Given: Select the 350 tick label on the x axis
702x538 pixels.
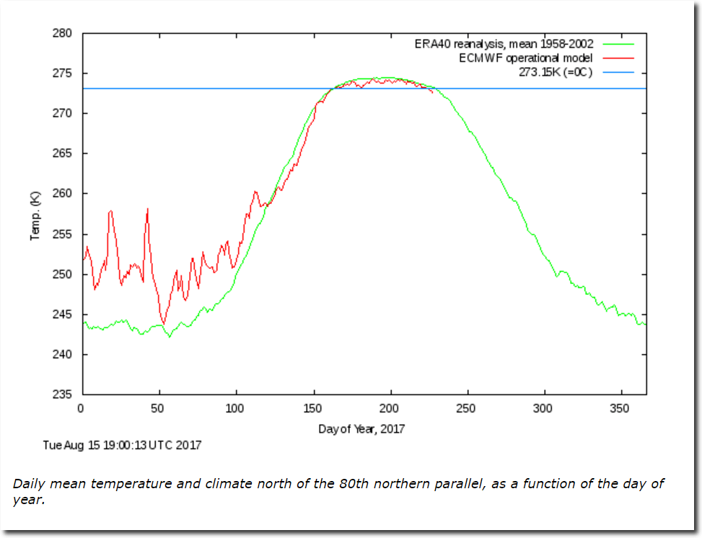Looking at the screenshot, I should pos(620,409).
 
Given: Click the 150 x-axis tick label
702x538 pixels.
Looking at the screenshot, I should pos(313,409).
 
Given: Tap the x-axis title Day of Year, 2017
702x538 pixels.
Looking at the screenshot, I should pos(361,429).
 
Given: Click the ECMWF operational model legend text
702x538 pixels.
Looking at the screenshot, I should pos(526,58).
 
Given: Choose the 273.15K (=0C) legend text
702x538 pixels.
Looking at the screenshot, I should pos(555,72).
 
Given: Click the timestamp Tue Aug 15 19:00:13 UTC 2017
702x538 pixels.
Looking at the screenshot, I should pos(122,445).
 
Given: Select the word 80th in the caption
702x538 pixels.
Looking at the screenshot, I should pos(353,483).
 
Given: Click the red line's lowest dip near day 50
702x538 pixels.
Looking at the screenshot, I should pos(163,323).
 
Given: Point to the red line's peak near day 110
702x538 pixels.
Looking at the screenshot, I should pos(255,191).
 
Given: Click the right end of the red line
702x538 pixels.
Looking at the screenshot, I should pos(432,92).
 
